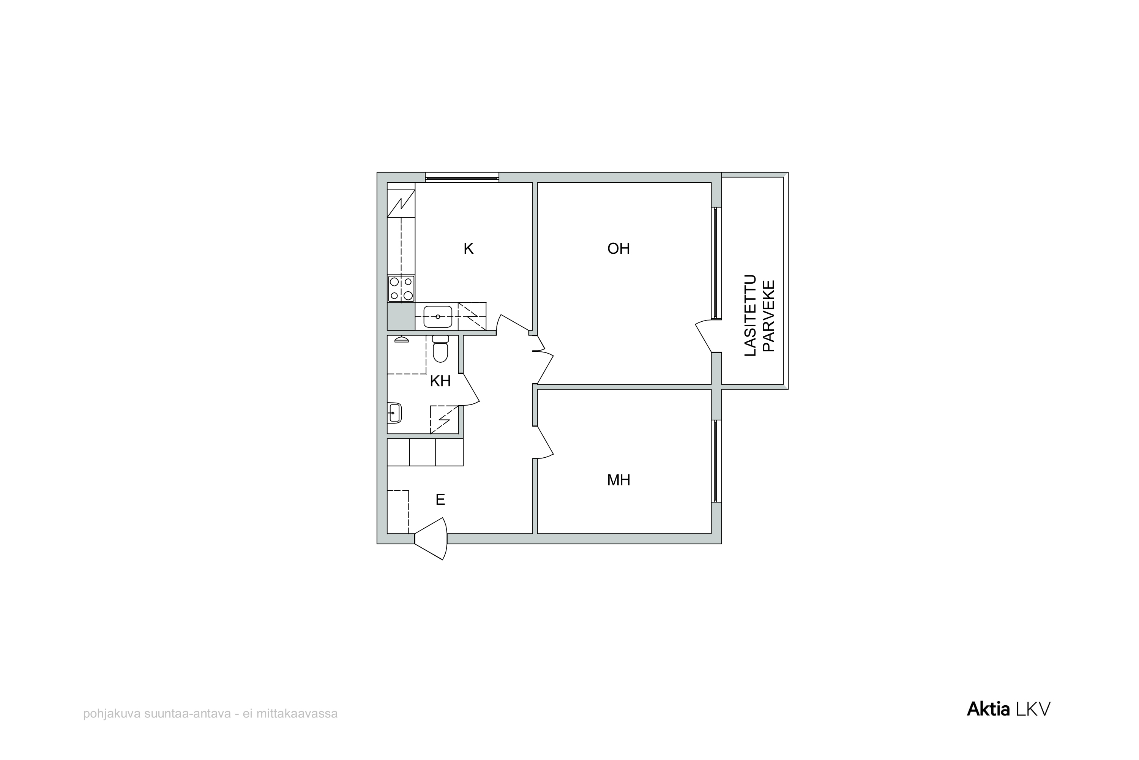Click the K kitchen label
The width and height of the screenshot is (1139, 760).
tap(468, 249)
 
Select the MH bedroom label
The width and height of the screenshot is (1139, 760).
tap(619, 480)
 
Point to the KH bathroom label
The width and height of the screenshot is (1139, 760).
tap(440, 381)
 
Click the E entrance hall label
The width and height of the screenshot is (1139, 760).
tap(440, 500)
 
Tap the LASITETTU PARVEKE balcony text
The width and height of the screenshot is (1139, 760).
tap(760, 316)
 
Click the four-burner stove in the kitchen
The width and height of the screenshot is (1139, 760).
tap(401, 288)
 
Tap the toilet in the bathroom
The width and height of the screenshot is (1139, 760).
tap(440, 349)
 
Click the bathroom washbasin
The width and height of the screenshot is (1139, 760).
tap(394, 413)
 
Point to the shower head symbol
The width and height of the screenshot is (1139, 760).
tap(401, 339)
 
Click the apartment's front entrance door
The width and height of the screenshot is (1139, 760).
tap(431, 539)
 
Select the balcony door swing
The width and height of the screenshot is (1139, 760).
tap(704, 336)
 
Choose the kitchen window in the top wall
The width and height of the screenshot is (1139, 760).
tap(462, 177)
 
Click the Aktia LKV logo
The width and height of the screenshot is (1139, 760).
tap(1009, 709)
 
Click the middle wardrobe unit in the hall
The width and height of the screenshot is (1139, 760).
tap(423, 452)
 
